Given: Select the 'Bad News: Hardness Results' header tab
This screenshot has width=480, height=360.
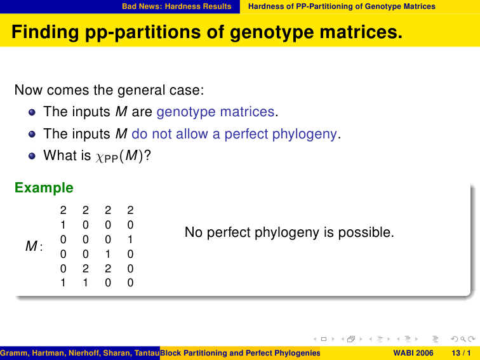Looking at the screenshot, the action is [177, 6].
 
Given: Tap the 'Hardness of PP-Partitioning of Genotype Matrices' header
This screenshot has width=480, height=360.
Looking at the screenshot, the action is [342, 6].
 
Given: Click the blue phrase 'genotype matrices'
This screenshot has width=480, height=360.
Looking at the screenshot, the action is [215, 112].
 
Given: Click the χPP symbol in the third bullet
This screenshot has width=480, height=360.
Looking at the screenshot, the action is [107, 157].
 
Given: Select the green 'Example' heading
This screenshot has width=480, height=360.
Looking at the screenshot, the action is [44, 188].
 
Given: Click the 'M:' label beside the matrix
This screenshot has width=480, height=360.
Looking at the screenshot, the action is [34, 246].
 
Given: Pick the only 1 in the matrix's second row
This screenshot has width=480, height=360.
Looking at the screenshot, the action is [63, 225].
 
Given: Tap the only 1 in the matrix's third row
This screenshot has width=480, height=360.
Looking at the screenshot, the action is [130, 239].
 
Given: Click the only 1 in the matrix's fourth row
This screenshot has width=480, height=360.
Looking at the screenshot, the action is [108, 254].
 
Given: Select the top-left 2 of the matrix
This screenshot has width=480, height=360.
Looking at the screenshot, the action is [63, 210].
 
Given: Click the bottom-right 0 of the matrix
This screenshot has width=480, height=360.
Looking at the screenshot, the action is [130, 283].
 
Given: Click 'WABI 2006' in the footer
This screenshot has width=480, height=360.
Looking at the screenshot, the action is [413, 353].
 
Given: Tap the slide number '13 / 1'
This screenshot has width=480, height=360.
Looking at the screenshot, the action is [461, 353].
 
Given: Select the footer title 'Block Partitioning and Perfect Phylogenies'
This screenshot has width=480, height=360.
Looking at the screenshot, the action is [240, 353].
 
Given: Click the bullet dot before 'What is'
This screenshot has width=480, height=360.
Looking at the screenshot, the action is [32, 156].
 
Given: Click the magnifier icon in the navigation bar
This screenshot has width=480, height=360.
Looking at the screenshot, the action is [463, 339].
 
